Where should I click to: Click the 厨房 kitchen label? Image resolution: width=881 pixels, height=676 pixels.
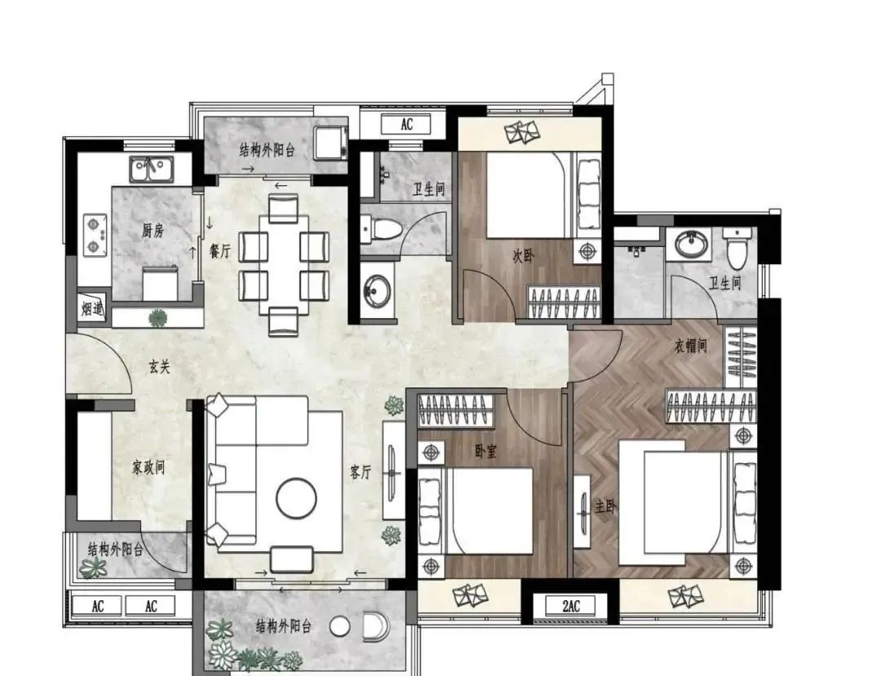[x=153, y=230]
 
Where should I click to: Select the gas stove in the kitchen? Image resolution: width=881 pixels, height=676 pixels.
[x=95, y=234]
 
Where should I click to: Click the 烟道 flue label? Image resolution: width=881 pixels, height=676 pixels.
[x=92, y=308]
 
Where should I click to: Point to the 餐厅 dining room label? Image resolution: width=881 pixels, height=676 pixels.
[x=219, y=251]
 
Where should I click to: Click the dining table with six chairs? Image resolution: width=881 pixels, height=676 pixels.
[x=283, y=264]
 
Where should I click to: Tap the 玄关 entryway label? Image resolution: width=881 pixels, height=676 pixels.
[x=159, y=367]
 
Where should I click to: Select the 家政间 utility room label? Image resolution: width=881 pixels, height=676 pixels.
[x=148, y=467]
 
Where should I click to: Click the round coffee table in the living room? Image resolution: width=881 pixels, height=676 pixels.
[x=296, y=498]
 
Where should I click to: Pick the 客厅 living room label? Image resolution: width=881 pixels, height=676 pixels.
[x=361, y=472]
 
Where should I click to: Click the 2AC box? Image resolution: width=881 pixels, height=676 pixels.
[x=570, y=607]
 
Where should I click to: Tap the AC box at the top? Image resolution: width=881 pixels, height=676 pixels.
[x=406, y=124]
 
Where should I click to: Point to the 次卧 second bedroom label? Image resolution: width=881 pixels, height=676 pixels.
[x=523, y=256]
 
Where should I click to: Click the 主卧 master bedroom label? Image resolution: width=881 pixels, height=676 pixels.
[x=605, y=507]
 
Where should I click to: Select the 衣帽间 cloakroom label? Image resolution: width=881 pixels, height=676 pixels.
[x=690, y=346]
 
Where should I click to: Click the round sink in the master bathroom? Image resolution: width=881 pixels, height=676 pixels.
[x=688, y=244]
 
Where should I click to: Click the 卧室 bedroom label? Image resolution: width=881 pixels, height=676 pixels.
[x=485, y=451]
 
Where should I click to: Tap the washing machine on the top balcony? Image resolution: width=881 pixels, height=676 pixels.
[x=331, y=143]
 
